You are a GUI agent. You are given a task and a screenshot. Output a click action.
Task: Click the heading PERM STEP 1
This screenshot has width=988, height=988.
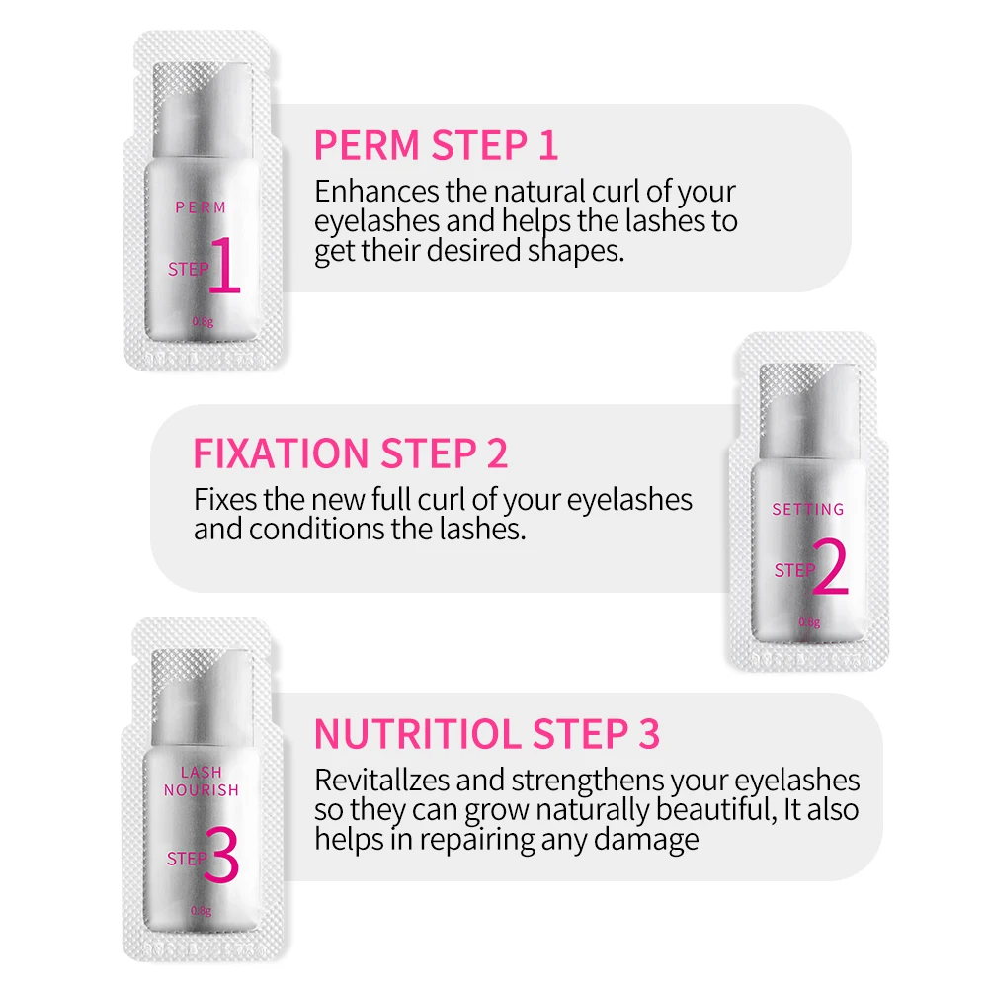436,145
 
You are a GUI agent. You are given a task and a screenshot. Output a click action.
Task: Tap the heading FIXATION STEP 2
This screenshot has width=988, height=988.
350,453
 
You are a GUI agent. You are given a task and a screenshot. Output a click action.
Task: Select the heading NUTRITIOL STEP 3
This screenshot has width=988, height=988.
486,735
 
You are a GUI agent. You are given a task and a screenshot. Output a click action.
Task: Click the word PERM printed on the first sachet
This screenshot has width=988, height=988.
201,207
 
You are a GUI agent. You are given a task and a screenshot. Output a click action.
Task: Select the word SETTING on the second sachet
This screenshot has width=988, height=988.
808,510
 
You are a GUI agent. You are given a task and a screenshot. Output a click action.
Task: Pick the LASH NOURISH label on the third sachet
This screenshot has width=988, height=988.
202,781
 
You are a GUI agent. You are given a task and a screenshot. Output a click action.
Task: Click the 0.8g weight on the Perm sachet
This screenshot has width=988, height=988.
202,320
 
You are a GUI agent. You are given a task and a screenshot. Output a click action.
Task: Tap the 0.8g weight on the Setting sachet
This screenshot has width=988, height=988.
809,622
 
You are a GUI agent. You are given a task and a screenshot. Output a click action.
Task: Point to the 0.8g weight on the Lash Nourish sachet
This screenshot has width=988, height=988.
202,910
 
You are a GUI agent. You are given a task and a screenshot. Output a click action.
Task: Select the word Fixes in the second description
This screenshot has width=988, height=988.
223,499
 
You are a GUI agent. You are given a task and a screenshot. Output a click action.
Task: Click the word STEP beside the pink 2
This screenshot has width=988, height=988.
793,571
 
